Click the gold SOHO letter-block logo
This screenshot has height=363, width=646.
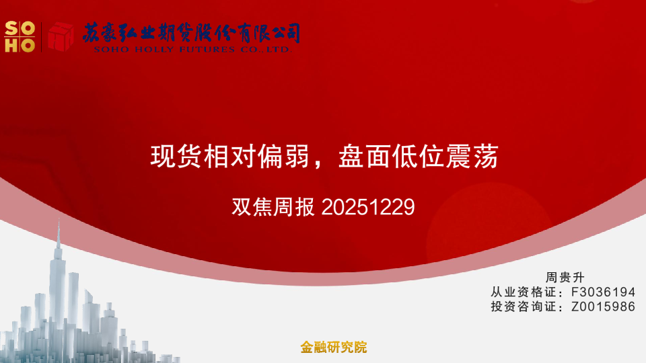20,36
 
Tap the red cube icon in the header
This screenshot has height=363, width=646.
60,36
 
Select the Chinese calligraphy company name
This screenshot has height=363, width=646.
191,32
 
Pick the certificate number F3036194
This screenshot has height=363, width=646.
603,292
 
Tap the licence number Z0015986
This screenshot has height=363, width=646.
603,307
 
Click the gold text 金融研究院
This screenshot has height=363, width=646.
334,348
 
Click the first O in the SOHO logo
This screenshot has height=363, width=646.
28,28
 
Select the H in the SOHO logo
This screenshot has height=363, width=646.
11,45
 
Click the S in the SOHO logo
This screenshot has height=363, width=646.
11,28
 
